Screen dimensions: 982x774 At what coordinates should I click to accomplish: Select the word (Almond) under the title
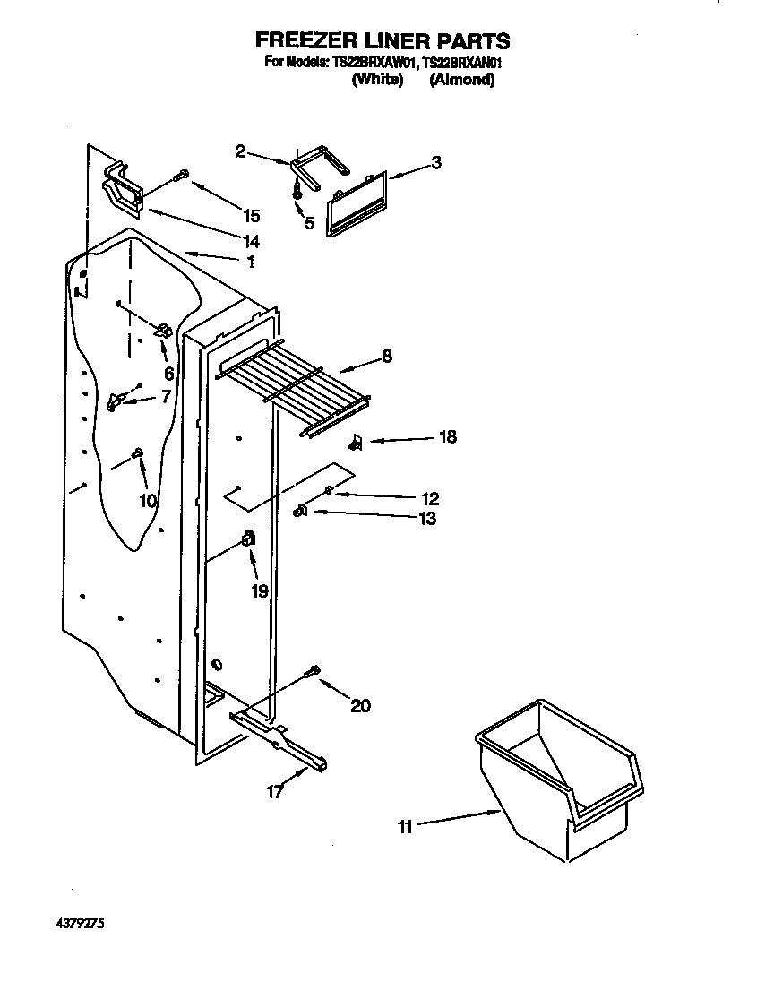tap(462, 80)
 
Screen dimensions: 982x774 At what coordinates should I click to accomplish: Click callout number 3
tap(435, 163)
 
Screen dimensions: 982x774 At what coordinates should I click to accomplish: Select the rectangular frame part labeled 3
tap(355, 204)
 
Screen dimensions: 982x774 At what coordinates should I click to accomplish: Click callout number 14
tap(250, 241)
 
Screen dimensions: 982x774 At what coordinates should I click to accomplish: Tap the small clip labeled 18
tap(356, 441)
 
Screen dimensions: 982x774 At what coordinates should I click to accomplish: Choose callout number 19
tap(260, 592)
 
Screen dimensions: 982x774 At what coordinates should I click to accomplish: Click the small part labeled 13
tap(301, 511)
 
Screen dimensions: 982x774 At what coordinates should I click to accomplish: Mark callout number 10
tap(148, 501)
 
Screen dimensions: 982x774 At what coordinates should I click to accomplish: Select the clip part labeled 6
tap(164, 332)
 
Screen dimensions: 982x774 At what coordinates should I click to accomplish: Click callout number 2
tap(240, 152)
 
